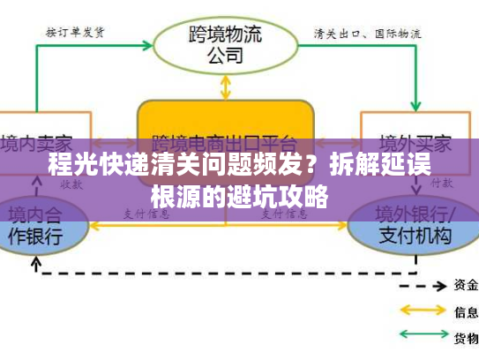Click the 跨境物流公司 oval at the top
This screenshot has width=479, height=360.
pyautogui.click(x=226, y=45)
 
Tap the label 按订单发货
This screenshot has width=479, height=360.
pyautogui.click(x=77, y=33)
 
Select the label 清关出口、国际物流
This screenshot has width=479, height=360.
pyautogui.click(x=367, y=34)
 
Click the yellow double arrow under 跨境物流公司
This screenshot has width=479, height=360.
pyautogui.click(x=226, y=86)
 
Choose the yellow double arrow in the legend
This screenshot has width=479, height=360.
pyautogui.click(x=423, y=311)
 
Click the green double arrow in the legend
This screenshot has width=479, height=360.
pyautogui.click(x=423, y=335)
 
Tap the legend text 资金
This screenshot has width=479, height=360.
pyautogui.click(x=466, y=285)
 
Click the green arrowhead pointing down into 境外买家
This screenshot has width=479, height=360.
pyautogui.click(x=415, y=104)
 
